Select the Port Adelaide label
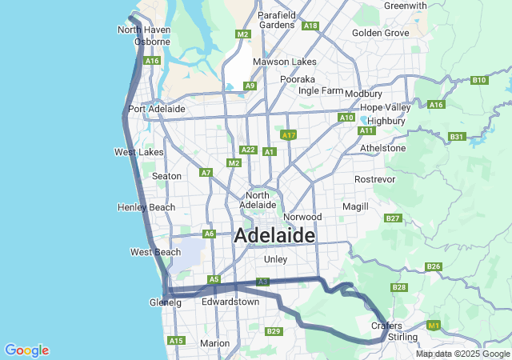[x=157, y=109]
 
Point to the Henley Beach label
[x=146, y=207]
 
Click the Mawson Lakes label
[x=276, y=62]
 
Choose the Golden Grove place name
[x=381, y=33]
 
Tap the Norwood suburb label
[x=302, y=217]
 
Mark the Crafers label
[x=386, y=326]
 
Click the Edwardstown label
[x=230, y=302]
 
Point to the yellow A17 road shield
[x=290, y=135]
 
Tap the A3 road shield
[x=262, y=282]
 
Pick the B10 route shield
[x=479, y=80]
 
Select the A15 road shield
[x=175, y=341]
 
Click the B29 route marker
[x=274, y=331]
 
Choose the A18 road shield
[x=310, y=26]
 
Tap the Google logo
[x=26, y=350]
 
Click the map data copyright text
[x=462, y=354]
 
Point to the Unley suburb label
[x=275, y=259]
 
